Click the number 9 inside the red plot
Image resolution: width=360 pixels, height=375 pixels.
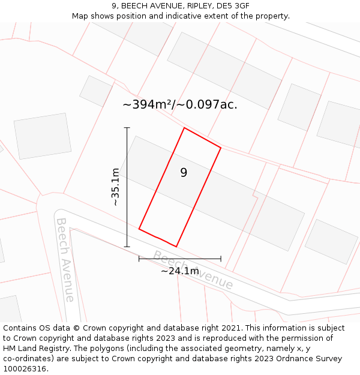point(184,173)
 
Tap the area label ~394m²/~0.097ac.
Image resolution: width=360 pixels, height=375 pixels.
point(180,104)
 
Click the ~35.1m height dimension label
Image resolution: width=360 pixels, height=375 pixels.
point(115,187)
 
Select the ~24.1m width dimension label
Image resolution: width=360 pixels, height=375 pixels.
point(180,271)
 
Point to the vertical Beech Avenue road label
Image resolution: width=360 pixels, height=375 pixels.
point(65,259)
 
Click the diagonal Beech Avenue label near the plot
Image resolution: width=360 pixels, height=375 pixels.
point(193,270)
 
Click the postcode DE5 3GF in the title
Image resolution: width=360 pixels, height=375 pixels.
point(235,6)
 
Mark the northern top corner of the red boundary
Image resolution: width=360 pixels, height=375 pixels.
point(184,128)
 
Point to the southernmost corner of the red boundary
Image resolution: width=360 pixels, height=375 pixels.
point(176,246)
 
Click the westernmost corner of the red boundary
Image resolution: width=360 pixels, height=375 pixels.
point(139,229)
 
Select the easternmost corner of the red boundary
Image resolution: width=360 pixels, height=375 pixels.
point(221,148)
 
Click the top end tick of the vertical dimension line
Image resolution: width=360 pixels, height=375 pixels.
point(127,128)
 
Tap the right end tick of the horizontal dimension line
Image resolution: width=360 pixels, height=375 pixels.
point(221,259)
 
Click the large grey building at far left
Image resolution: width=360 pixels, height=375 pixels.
point(42,136)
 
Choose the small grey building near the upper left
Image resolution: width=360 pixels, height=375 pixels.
point(95,91)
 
